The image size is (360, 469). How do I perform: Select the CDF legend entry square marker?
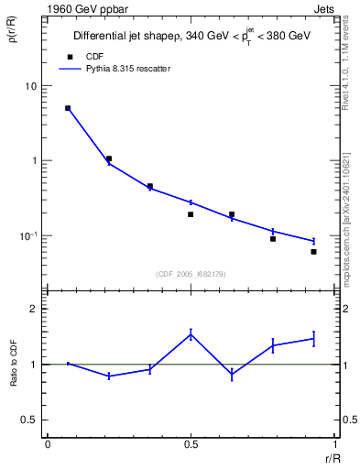coord(68,56)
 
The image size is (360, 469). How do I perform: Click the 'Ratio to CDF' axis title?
coord(16,364)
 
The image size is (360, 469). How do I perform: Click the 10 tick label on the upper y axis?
coord(31,86)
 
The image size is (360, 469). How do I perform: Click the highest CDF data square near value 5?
coord(68,108)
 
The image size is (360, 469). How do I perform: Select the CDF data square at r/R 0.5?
coord(191,214)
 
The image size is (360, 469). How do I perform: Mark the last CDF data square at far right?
coord(313,251)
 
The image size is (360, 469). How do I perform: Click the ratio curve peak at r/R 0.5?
coord(191,334)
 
